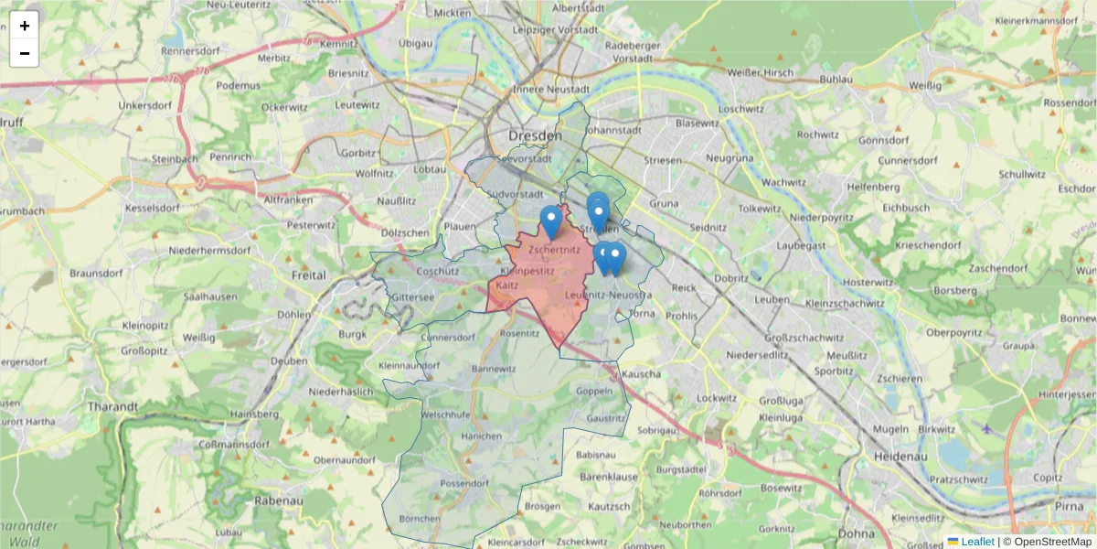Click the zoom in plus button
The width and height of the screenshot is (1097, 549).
coord(25,26)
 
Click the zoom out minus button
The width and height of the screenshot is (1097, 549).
coord(25,53)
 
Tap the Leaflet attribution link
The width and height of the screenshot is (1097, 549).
coord(976,542)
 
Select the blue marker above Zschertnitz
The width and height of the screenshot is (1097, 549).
coord(550,221)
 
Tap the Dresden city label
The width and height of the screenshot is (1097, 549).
coord(535,135)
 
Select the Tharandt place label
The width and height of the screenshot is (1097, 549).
coord(112,406)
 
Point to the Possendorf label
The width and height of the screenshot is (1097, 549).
coord(464,483)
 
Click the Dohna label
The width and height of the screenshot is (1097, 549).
coord(856,532)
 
